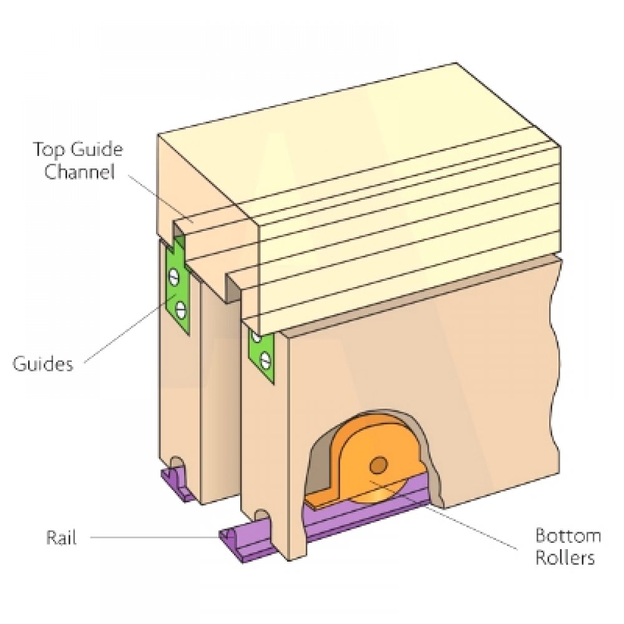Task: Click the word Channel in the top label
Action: click(79, 172)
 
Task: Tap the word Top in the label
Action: click(47, 150)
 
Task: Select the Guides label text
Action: click(43, 363)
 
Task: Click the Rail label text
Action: click(61, 537)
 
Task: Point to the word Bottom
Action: click(568, 536)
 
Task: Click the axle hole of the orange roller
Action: click(378, 465)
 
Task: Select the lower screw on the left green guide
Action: click(180, 306)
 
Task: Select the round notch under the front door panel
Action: click(263, 515)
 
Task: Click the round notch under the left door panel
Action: click(177, 463)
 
